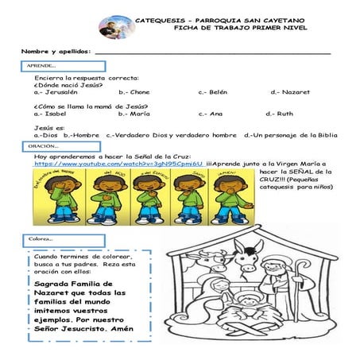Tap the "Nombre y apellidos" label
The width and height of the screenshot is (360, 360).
56,52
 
